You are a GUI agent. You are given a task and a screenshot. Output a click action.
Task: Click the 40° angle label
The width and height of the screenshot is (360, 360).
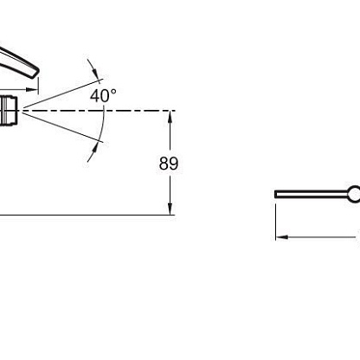point(103,95)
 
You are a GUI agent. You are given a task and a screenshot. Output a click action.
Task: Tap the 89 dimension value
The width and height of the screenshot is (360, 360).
point(169,164)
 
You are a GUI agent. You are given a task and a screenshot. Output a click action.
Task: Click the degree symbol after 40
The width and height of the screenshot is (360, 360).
point(113,92)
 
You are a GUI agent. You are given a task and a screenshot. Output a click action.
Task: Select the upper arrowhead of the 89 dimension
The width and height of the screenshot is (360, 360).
point(170,117)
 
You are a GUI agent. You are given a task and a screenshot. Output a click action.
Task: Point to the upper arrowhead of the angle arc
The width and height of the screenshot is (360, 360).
point(95,72)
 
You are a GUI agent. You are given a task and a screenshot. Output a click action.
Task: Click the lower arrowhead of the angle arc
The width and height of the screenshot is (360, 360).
point(93,150)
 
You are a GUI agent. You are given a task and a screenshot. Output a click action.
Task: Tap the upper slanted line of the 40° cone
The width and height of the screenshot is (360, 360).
point(62,93)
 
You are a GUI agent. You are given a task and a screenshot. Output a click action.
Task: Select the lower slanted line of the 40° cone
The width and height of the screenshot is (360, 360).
point(62,127)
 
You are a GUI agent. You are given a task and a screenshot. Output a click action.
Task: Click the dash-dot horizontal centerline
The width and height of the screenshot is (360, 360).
point(97,111)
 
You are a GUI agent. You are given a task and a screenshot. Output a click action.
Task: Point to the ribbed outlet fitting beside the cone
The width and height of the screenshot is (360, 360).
point(9,111)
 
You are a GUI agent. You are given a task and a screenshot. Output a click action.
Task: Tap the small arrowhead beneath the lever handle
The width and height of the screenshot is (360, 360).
point(31,89)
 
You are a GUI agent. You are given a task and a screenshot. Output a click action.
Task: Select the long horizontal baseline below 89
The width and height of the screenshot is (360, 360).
point(87,215)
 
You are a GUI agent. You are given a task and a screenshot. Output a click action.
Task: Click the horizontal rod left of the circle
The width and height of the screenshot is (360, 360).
point(312,194)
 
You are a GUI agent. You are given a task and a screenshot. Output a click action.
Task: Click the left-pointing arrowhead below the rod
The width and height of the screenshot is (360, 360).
point(282,237)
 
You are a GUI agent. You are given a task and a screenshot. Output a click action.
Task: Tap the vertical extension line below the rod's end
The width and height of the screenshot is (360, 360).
point(276,222)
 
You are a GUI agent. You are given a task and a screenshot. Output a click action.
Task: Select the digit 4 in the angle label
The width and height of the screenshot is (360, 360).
point(95,96)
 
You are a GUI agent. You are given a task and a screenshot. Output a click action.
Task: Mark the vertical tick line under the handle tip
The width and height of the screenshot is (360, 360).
point(38,86)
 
